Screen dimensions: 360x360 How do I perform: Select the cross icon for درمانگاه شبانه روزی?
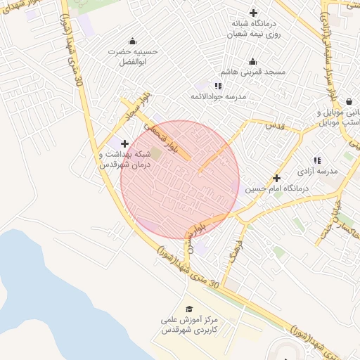point(254,13)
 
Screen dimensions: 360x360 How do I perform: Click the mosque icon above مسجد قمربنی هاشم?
point(253,61)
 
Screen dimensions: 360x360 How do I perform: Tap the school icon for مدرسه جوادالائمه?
point(218,85)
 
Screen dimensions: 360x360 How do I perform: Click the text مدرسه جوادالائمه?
point(218,96)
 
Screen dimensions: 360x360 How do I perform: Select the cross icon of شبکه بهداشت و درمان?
point(124,143)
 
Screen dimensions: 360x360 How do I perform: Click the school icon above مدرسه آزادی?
point(317,160)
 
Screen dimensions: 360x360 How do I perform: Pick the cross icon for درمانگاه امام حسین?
point(277,178)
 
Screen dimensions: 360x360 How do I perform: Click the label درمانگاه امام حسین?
point(277,190)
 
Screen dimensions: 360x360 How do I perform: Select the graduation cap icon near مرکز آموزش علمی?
point(188,309)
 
